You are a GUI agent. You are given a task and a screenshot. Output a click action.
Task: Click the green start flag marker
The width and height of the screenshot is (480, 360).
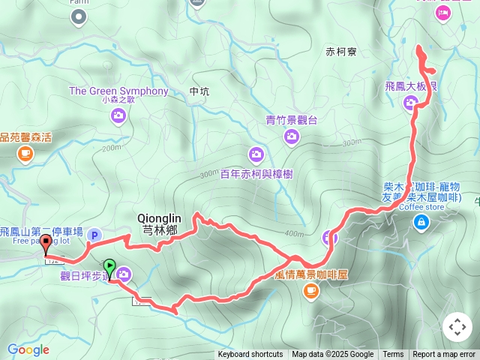(109, 266)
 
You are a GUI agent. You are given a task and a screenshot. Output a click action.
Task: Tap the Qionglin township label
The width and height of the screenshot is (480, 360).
(157, 224)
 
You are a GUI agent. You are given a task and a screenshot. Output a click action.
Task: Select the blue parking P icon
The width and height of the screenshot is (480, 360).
(94, 235)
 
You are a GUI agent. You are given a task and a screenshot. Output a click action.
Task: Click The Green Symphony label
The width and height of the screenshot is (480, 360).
(118, 91)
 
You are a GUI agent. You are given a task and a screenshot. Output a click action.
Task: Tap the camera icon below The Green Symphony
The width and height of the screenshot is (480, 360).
(118, 115)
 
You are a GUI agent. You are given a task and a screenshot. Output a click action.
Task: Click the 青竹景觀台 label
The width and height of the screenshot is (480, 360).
(292, 119)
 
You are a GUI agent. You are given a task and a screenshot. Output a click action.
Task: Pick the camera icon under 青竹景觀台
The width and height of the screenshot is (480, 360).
(292, 136)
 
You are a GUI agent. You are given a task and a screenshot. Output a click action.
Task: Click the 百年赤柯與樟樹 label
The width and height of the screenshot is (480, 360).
(256, 174)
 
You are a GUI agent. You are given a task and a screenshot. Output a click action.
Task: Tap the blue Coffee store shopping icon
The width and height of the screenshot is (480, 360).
(421, 221)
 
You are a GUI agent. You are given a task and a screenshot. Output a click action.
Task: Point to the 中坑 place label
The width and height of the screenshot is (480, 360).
(199, 91)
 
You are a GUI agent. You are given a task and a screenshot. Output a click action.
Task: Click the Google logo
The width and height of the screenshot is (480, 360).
(28, 349)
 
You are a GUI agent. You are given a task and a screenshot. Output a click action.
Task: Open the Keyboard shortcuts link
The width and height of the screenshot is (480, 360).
(250, 355)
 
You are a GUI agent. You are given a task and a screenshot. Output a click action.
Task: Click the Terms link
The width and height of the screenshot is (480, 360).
(393, 355)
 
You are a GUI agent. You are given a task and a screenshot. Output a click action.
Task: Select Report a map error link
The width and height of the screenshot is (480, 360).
(445, 355)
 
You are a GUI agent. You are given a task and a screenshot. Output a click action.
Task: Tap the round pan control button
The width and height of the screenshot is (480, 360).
(457, 327)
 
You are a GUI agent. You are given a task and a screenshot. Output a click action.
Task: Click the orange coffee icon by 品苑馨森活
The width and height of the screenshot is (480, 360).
(25, 154)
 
